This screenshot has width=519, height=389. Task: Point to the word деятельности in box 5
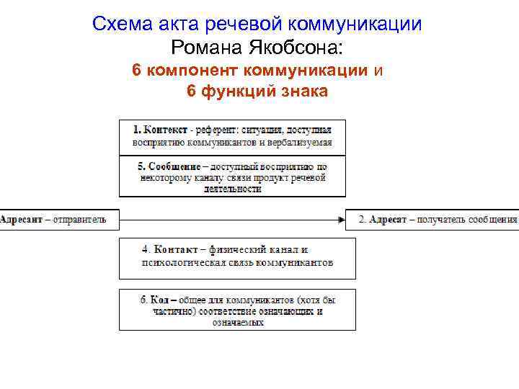232,189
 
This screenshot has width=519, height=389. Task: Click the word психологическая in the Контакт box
177,263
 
